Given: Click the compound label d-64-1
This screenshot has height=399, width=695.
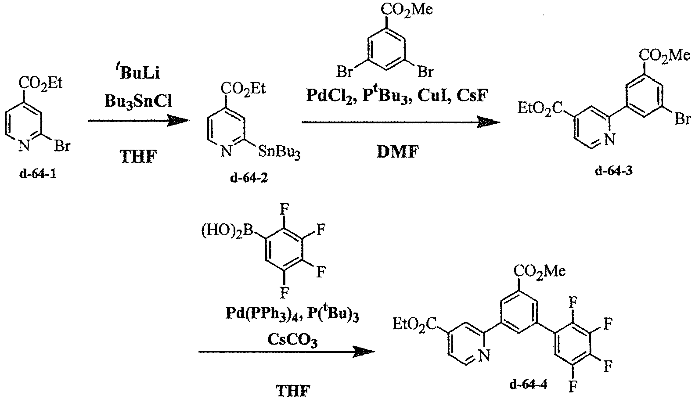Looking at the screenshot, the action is click(x=38, y=174).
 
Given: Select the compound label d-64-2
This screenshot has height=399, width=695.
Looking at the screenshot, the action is click(x=249, y=178).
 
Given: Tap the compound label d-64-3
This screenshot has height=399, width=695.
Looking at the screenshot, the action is click(x=614, y=171).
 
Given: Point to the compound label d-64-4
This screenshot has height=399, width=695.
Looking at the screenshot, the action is click(x=529, y=385).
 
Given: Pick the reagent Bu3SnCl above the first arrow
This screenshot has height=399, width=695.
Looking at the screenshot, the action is click(x=138, y=101).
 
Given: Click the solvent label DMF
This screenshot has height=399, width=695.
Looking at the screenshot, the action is click(x=398, y=152).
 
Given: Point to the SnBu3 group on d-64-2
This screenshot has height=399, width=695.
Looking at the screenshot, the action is click(x=279, y=153).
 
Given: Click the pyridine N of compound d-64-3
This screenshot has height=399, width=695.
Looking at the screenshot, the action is click(x=609, y=140).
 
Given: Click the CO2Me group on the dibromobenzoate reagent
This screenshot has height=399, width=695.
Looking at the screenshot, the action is click(x=407, y=9).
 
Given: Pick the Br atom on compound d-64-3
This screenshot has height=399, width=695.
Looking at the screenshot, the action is click(x=682, y=119).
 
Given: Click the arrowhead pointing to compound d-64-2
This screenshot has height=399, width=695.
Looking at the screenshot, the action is click(x=178, y=121).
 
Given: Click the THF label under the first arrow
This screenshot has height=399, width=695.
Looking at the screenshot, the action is click(x=138, y=156).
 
